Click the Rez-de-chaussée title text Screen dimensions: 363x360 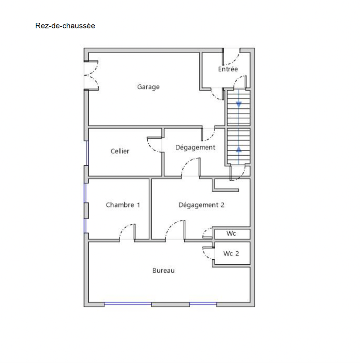click(65, 26)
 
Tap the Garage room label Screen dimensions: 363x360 click(148, 87)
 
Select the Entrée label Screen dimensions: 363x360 click(228, 69)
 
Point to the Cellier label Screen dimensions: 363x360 click(120, 151)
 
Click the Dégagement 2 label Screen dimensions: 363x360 click(202, 205)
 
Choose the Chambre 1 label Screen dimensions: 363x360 click(123, 205)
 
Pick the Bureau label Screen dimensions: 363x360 click(163, 270)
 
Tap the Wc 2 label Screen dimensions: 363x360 click(231, 254)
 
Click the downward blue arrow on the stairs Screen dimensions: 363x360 click(239, 104)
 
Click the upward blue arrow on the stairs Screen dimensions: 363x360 click(239, 149)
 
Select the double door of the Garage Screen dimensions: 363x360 click(91, 75)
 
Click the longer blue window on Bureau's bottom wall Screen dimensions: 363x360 click(128, 304)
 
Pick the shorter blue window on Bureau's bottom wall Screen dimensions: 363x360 click(203, 304)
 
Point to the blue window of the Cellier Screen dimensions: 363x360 click(87, 153)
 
